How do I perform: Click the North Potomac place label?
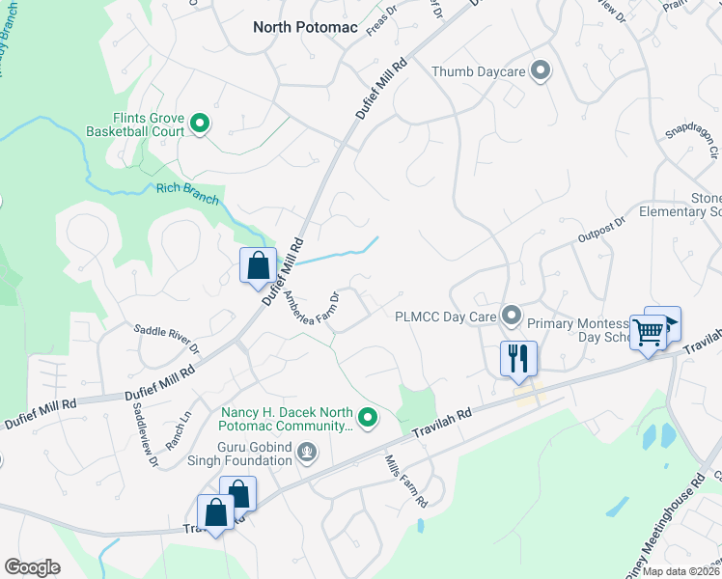pos(305,27)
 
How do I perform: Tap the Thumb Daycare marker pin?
pos(541,70)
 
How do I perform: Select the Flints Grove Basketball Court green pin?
pos(200,122)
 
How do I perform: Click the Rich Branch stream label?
pos(187,192)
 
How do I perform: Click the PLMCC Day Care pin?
pos(513,316)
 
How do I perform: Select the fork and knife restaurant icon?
pos(518,359)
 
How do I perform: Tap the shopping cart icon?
pos(649,332)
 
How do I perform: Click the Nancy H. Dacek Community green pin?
pos(367,418)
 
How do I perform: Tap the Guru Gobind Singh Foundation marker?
pos(307,451)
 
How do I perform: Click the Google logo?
pos(32,567)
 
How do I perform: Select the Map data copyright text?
pos(681,571)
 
